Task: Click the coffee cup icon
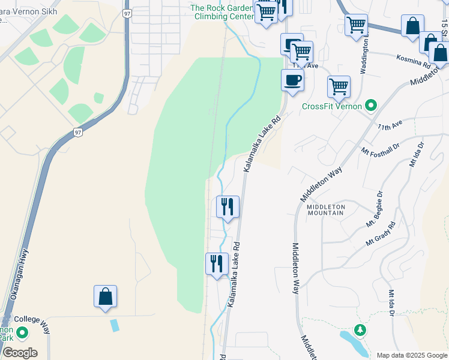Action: point(292,80)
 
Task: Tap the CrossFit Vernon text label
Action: point(331,107)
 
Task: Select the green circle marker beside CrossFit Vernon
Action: point(371,106)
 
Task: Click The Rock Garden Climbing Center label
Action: point(222,12)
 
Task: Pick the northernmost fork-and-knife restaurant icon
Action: point(228,207)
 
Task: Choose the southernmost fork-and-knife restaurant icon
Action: point(217,263)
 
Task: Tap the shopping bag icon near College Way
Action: point(105,296)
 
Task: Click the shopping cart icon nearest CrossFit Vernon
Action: point(339,86)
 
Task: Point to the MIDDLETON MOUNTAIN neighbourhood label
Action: point(326,209)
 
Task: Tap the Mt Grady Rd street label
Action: point(381,234)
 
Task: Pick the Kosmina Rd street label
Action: point(414,61)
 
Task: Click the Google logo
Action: point(19,353)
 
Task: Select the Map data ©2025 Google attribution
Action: point(411,355)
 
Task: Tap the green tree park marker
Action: point(360,330)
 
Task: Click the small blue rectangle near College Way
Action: point(115,325)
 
